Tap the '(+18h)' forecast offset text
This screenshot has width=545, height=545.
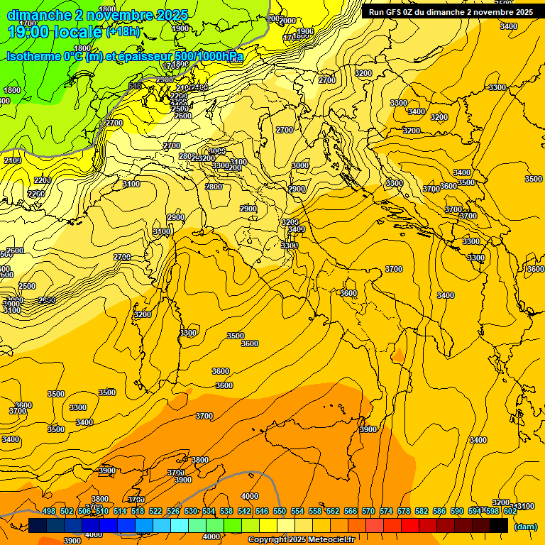pyautogui.click(x=123, y=31)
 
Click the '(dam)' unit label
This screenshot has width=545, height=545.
pyautogui.click(x=525, y=527)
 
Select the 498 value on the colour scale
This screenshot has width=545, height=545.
pyautogui.click(x=49, y=511)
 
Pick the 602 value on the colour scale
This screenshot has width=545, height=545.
pyautogui.click(x=510, y=511)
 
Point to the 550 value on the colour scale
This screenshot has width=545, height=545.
pyautogui.click(x=280, y=511)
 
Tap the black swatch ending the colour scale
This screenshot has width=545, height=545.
pyautogui.click(x=499, y=525)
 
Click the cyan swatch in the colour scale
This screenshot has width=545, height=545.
pyautogui.click(x=180, y=525)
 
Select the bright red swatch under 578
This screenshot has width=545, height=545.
pyautogui.click(x=410, y=525)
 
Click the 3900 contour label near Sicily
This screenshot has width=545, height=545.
pyautogui.click(x=368, y=429)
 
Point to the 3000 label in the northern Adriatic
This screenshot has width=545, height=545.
pyautogui.click(x=300, y=165)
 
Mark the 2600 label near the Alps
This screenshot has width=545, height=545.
pyautogui.click(x=183, y=116)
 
